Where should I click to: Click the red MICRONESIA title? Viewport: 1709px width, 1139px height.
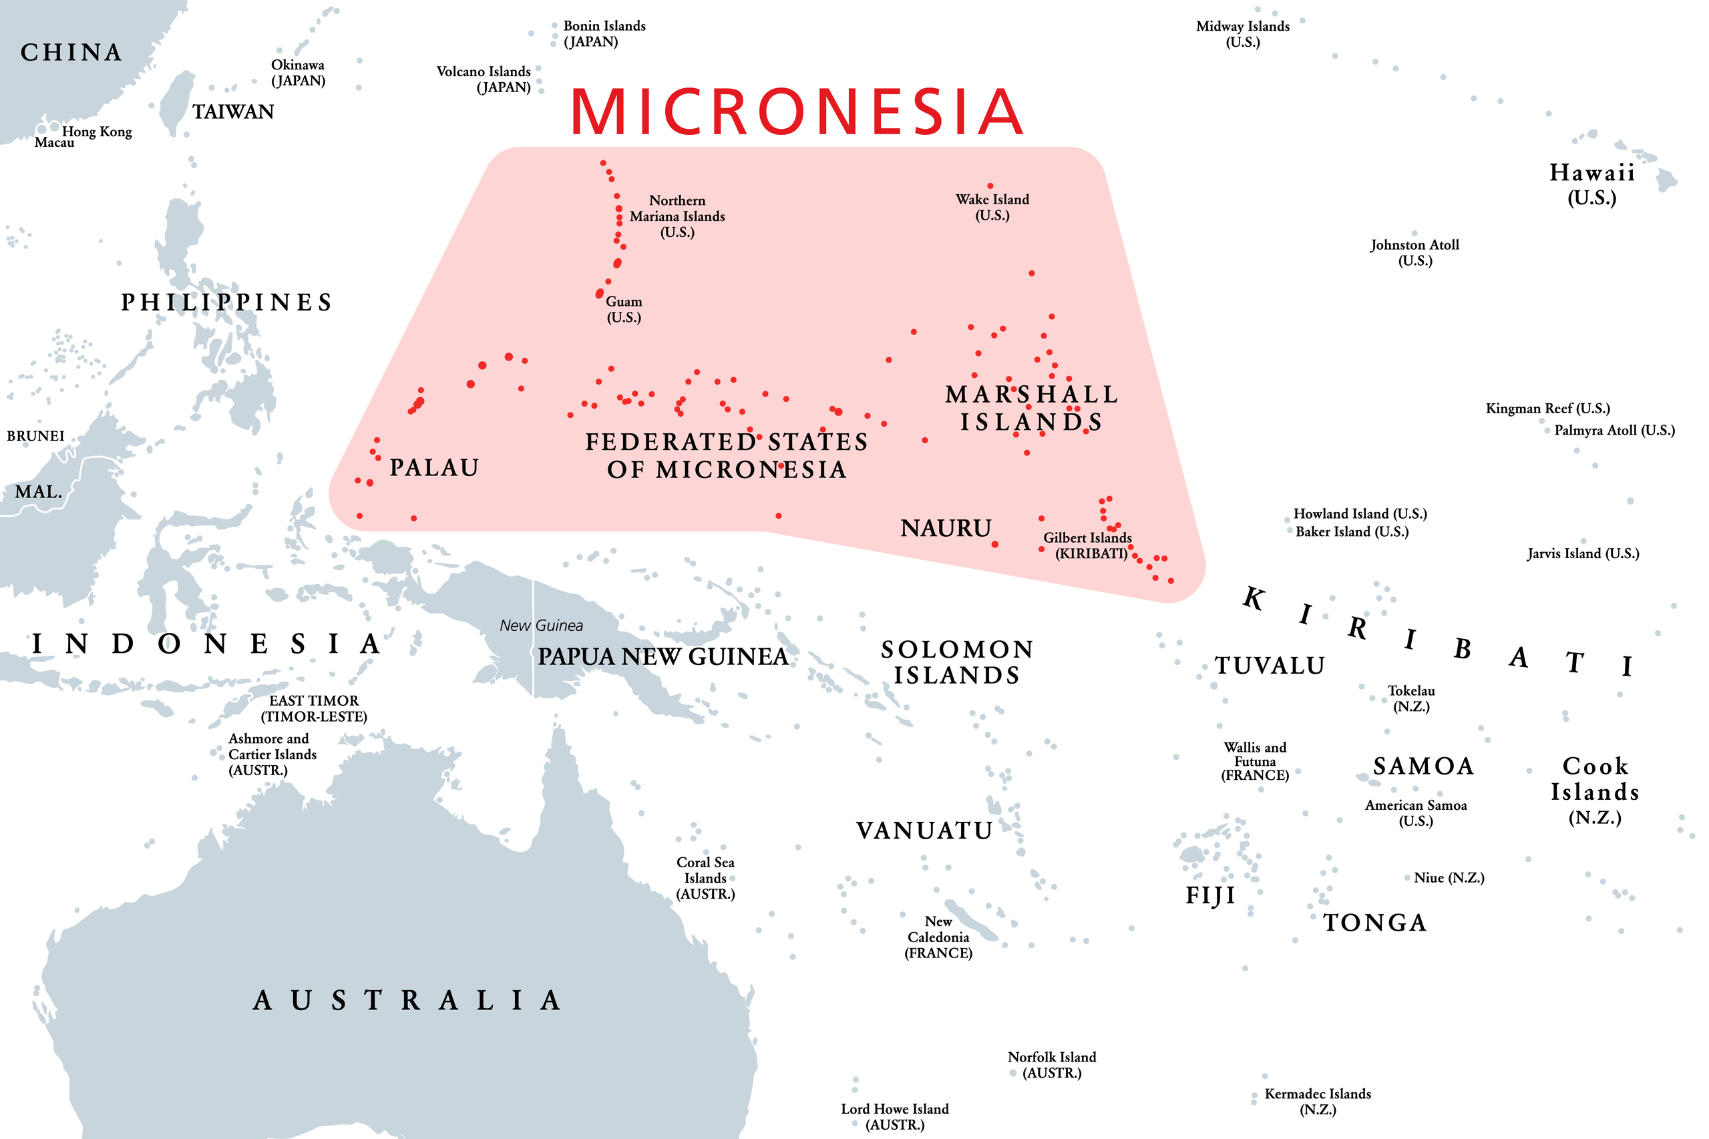[797, 112]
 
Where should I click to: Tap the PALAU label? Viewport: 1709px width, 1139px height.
[434, 468]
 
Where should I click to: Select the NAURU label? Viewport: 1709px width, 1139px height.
[946, 528]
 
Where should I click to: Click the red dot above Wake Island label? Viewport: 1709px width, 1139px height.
[990, 186]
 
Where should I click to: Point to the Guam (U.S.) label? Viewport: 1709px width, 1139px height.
[624, 308]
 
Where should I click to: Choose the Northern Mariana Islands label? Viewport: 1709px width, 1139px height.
[677, 216]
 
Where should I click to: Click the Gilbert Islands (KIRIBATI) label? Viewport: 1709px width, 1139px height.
[1087, 545]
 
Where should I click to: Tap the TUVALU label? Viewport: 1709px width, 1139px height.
[1270, 666]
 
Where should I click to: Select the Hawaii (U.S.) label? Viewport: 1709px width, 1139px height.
[1591, 184]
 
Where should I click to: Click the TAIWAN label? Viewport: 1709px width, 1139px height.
[232, 112]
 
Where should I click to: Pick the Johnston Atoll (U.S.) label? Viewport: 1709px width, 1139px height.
[1414, 252]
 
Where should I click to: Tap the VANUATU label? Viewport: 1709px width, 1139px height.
[924, 831]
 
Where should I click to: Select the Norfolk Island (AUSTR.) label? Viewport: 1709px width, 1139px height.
[1051, 1064]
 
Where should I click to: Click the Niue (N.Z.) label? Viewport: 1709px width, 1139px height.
[1448, 877]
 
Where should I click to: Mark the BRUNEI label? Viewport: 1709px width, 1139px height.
[35, 436]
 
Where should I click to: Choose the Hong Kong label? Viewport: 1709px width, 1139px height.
[97, 132]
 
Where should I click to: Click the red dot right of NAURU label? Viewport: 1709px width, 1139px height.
[994, 544]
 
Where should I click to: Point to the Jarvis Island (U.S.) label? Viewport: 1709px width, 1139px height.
[1583, 553]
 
